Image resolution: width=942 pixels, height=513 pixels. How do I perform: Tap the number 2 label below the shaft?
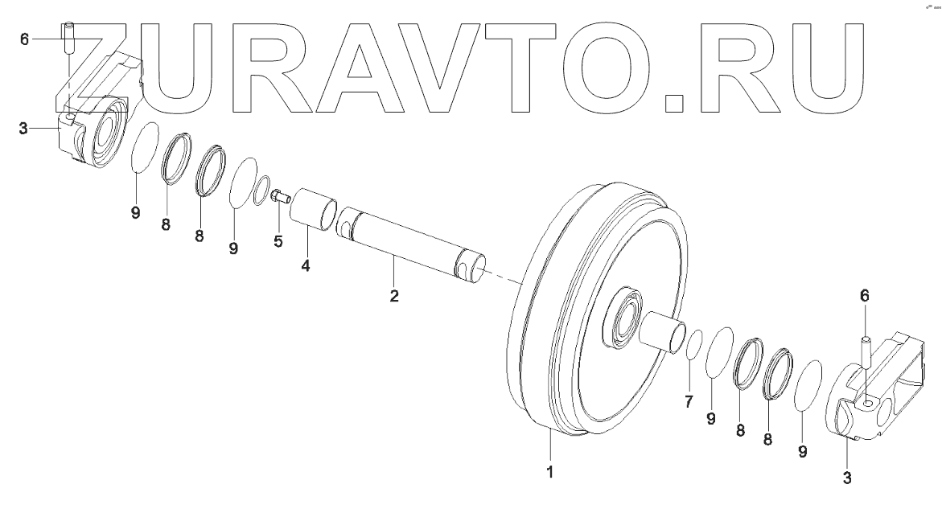[394, 295]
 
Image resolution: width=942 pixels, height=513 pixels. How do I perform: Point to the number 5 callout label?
[278, 241]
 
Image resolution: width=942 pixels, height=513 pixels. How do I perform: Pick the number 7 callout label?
[689, 402]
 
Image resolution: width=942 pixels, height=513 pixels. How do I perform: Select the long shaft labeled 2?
[410, 240]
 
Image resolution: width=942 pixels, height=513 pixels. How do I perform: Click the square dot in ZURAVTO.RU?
[677, 101]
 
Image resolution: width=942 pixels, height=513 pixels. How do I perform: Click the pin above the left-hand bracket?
[69, 35]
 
